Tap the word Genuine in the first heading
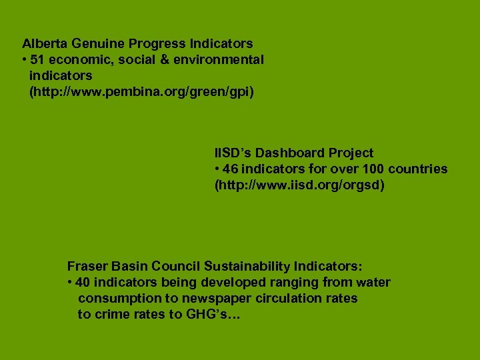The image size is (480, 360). click(x=95, y=44)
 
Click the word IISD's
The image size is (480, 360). click(x=233, y=153)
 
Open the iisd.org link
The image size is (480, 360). click(x=299, y=185)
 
